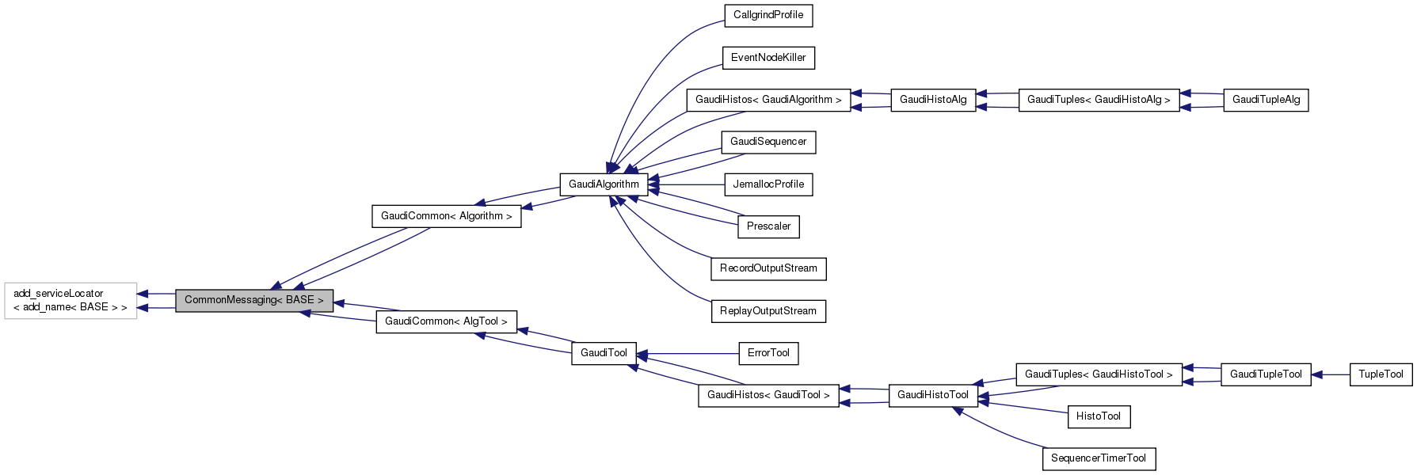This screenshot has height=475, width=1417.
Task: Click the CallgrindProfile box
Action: [x=768, y=15]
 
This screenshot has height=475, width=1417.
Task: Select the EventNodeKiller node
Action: [x=768, y=58]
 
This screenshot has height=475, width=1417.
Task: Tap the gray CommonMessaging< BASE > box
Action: [x=253, y=300]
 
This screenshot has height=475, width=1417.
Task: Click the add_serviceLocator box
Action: [x=70, y=300]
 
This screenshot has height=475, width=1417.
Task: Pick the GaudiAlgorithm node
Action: [x=604, y=184]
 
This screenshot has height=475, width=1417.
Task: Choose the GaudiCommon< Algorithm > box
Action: [x=446, y=216]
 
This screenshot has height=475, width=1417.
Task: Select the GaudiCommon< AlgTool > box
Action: [x=446, y=321]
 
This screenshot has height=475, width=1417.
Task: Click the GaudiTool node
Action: [x=604, y=353]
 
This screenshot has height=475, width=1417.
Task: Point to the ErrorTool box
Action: [x=768, y=353]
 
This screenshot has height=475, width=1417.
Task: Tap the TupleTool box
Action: [x=1380, y=374]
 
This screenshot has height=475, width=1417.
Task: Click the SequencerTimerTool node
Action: [x=1098, y=458]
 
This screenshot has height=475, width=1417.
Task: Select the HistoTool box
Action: [x=1098, y=416]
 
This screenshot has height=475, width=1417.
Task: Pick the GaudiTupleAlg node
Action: [x=1265, y=100]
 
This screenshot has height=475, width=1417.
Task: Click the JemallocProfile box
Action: [x=768, y=184]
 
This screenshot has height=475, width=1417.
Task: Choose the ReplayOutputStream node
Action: [x=768, y=311]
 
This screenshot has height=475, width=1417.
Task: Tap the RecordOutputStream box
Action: [x=768, y=268]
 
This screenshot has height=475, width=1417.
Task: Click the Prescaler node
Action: [x=768, y=226]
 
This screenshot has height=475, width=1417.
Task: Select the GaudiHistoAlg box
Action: [x=932, y=100]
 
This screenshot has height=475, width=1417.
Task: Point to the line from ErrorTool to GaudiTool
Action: [x=689, y=353]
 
